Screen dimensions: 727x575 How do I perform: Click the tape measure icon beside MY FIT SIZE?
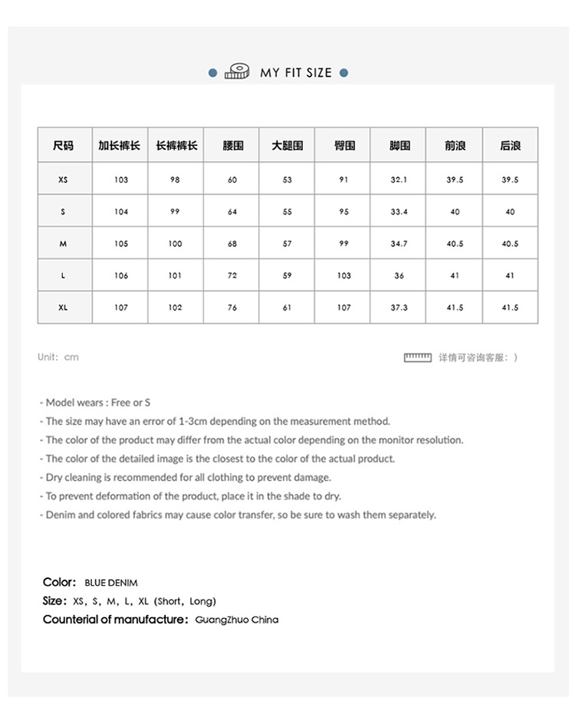click(237, 72)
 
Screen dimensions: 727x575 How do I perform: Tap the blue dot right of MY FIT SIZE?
click(343, 73)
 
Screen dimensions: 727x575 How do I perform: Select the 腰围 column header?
click(232, 145)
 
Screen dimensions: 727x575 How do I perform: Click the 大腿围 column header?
click(287, 145)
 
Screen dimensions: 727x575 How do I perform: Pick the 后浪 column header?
click(510, 145)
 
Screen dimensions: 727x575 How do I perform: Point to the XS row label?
click(63, 180)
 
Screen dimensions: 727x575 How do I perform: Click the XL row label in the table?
click(63, 308)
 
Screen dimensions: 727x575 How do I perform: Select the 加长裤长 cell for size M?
click(121, 244)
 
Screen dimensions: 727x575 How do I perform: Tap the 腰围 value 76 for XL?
click(232, 308)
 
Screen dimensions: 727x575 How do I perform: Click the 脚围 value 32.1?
click(399, 180)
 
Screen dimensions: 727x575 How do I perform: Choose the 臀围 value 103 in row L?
click(343, 275)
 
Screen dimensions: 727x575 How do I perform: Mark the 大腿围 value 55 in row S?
click(287, 212)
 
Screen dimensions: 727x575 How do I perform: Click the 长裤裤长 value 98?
click(176, 180)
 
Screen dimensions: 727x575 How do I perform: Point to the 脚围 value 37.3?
click(399, 308)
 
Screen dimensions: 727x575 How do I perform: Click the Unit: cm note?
click(58, 357)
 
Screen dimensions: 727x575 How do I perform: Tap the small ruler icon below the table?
click(418, 357)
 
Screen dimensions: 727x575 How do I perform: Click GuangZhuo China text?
click(237, 620)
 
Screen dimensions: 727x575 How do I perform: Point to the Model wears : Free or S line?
click(95, 403)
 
